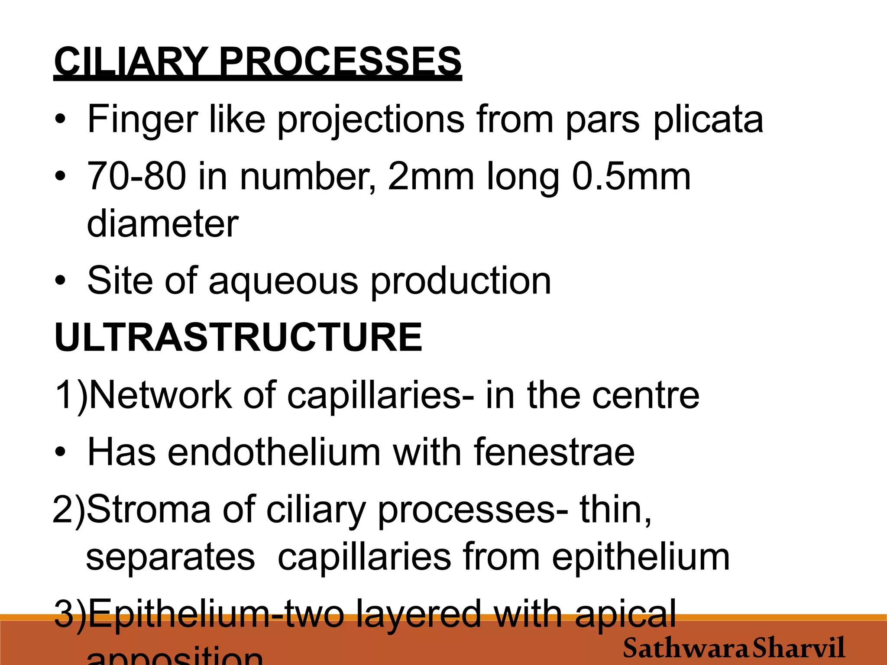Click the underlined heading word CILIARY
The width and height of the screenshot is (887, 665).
[130, 61]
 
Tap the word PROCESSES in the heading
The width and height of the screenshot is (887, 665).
[340, 61]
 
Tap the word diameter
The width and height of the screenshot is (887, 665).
[163, 224]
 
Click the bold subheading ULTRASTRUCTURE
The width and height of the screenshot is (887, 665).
[238, 338]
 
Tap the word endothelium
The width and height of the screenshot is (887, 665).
[274, 452]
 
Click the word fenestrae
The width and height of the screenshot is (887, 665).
[554, 452]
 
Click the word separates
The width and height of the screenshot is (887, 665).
[171, 557]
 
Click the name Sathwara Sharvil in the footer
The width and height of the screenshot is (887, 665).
[734, 648]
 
